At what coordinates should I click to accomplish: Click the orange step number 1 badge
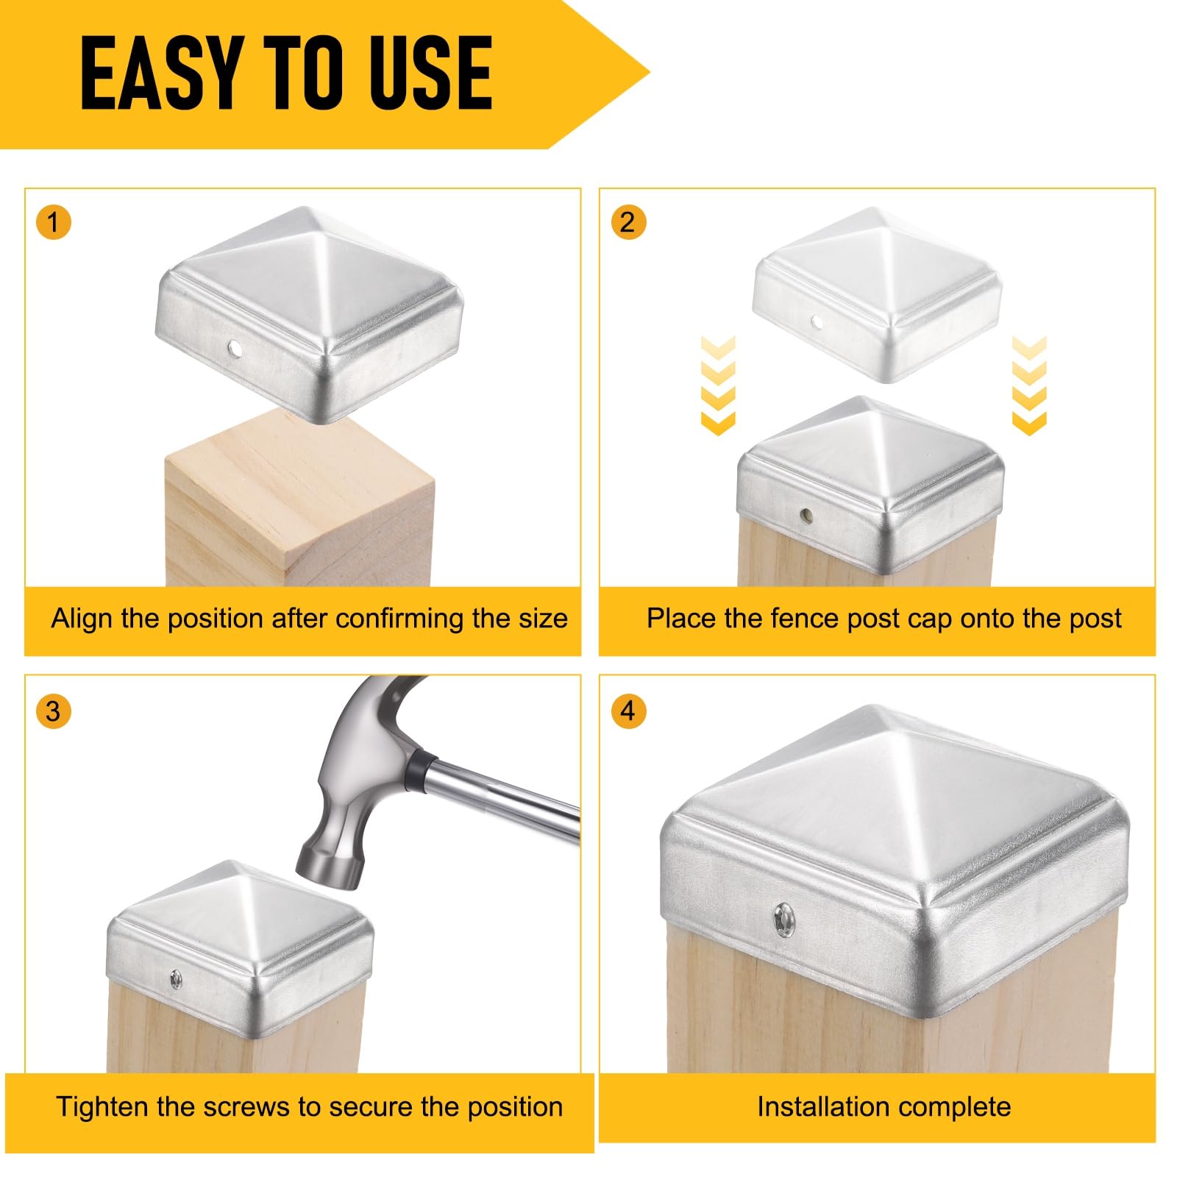(x=53, y=221)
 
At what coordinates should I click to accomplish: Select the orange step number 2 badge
(x=628, y=221)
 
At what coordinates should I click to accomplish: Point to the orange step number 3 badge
(x=53, y=711)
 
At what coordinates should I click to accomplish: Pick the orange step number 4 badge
(x=628, y=711)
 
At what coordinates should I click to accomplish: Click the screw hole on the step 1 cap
(x=236, y=346)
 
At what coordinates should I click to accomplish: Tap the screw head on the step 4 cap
(x=782, y=919)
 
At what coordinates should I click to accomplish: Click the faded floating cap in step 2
(x=878, y=294)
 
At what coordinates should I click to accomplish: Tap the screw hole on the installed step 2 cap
(x=807, y=516)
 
